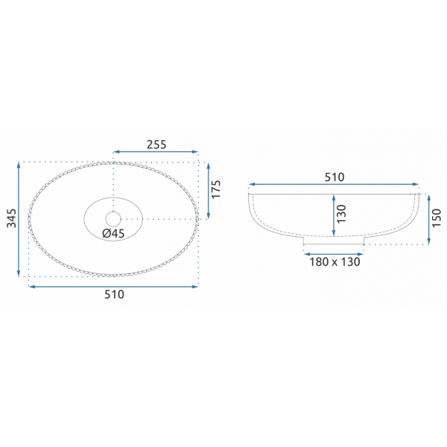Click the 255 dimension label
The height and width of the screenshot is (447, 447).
(x=156, y=145)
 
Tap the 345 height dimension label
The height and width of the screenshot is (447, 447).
(x=12, y=218)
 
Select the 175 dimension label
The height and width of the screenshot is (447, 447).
(x=216, y=189)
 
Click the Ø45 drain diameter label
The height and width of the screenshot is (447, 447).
(x=113, y=233)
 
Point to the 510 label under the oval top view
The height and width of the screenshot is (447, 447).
(x=114, y=294)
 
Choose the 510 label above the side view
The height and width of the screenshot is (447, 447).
(x=335, y=177)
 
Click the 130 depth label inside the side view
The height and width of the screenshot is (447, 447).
(x=341, y=214)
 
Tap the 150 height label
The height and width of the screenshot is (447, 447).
(x=437, y=218)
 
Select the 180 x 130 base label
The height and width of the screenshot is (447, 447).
(x=335, y=262)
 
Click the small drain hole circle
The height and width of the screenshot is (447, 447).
(x=113, y=219)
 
